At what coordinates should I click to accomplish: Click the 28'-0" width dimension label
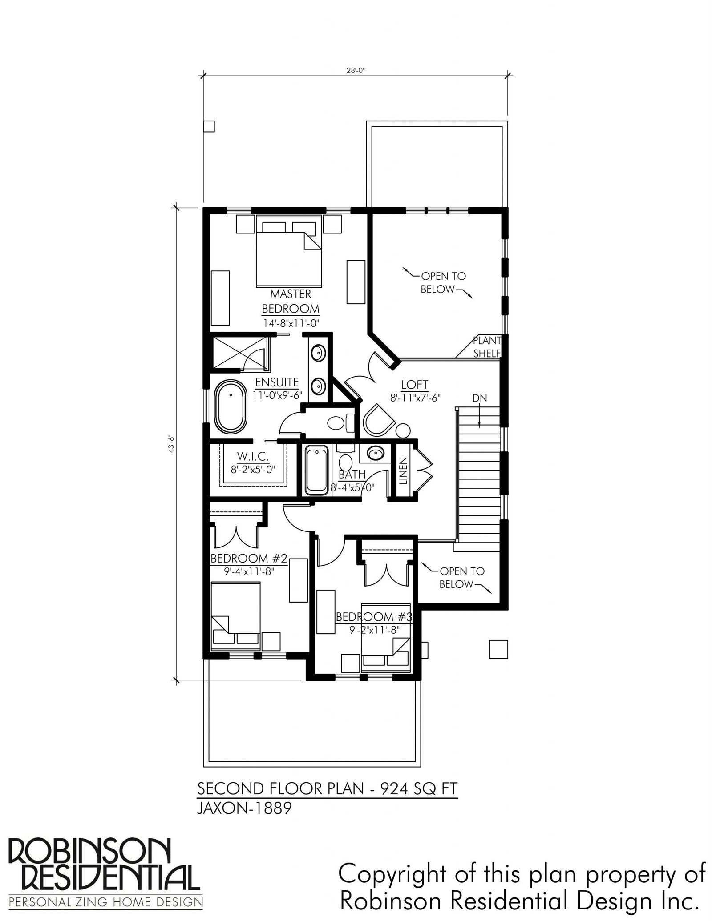356,69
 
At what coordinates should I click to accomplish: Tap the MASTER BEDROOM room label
290,301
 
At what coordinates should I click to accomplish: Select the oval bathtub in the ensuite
231,407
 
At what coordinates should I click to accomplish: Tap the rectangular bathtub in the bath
317,471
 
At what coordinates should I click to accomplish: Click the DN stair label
480,398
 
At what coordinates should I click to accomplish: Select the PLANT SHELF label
487,347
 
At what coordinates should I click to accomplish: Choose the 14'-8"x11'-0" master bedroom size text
291,323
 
